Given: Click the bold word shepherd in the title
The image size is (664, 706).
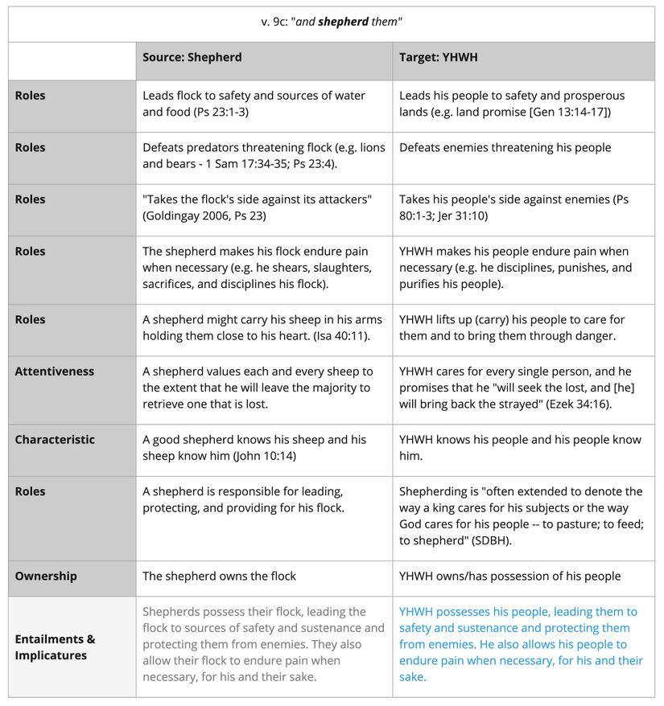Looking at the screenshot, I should click(x=343, y=22).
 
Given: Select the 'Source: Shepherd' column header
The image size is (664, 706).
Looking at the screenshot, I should click(x=192, y=57).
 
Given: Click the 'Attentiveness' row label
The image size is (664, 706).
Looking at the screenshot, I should click(x=54, y=371).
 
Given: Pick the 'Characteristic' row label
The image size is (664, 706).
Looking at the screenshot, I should click(x=54, y=440).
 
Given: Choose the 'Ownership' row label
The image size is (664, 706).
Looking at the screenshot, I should click(x=46, y=576).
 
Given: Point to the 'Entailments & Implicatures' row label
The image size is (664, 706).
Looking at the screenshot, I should click(x=55, y=647).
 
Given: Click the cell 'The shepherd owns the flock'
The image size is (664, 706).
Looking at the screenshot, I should click(x=219, y=576).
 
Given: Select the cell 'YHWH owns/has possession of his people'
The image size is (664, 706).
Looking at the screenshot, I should click(x=509, y=576).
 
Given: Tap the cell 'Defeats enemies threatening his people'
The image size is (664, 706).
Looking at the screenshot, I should click(x=505, y=147).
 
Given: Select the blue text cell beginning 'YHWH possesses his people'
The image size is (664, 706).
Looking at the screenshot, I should click(x=521, y=644).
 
